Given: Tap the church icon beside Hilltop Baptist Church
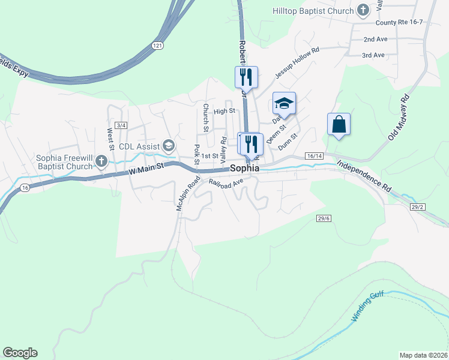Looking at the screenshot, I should click(363, 10).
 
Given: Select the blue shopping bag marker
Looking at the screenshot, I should click(339, 124).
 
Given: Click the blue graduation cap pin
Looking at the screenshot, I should click(284, 103).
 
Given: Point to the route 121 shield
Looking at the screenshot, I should click(157, 46).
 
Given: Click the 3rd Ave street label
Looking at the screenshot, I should click(373, 55).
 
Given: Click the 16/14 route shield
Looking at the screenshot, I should click(314, 156).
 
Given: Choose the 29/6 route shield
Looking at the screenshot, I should click(324, 218).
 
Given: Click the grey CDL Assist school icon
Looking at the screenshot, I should click(169, 146).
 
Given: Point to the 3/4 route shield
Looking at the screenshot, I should click(122, 125).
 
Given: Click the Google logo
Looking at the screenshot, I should click(20, 353).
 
